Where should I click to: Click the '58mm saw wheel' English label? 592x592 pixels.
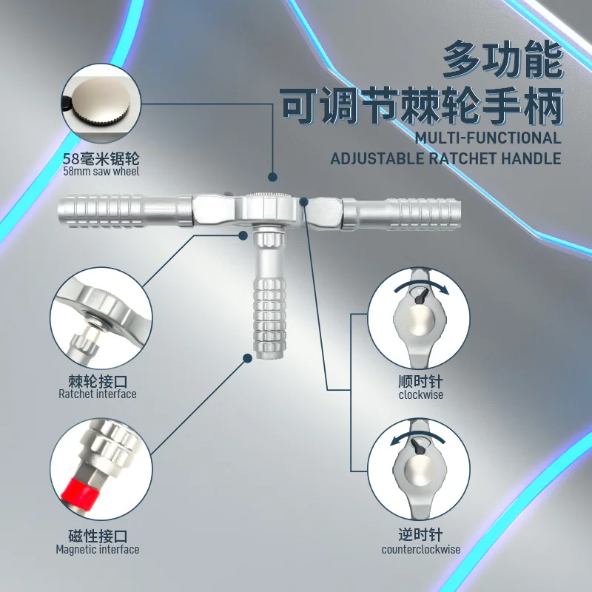click(x=101, y=172)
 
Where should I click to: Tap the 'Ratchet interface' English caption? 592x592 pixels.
click(x=98, y=394)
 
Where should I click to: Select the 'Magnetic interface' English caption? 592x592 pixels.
click(x=98, y=549)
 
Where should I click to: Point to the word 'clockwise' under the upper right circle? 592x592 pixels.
click(x=420, y=395)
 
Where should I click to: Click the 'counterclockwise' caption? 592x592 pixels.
click(x=420, y=549)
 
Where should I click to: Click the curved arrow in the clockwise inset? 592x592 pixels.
click(x=421, y=286)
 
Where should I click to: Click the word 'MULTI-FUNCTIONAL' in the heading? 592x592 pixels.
click(x=488, y=138)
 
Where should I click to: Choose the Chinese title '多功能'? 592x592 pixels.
click(x=503, y=60)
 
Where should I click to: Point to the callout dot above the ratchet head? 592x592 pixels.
click(x=272, y=177)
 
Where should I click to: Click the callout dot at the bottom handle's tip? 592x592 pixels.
click(x=248, y=358)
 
